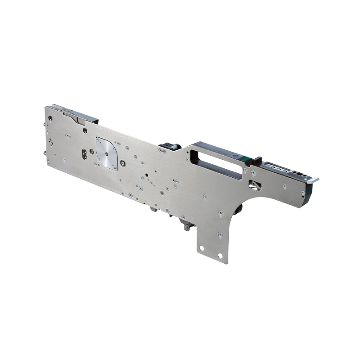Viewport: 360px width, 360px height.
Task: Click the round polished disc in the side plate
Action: tap(107, 153)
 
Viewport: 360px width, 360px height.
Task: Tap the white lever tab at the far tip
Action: tap(313, 180)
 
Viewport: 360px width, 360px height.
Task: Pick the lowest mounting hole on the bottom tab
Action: tap(220, 256)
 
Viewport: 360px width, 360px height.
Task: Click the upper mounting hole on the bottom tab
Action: tap(201, 248)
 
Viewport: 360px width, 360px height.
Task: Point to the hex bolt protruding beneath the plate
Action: tap(186, 228)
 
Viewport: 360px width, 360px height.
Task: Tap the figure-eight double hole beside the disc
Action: tap(84, 154)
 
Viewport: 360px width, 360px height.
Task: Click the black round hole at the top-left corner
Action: tap(50, 118)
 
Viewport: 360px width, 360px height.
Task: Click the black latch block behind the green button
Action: tap(257, 161)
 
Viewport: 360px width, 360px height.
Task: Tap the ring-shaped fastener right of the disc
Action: tap(122, 157)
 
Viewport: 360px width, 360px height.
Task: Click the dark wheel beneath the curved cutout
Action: tap(238, 208)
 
